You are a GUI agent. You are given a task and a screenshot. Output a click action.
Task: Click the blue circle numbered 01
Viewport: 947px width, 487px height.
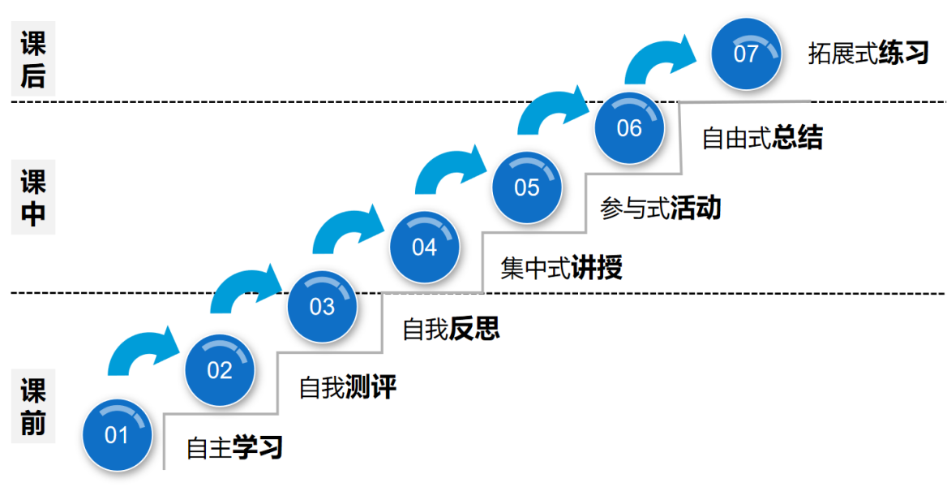tap(117, 435)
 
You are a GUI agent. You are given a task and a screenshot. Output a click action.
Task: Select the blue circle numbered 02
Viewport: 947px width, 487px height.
tap(220, 371)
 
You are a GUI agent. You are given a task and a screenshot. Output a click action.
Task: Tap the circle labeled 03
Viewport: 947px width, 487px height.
tap(322, 307)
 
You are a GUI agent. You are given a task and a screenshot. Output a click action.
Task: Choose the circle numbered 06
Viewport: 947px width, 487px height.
tap(629, 128)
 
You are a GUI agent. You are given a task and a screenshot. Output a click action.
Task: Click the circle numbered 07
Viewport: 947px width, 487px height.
tap(746, 54)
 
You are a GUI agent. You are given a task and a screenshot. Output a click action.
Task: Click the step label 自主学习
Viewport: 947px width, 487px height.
tap(234, 447)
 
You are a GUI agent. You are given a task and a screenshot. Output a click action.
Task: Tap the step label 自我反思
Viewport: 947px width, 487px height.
tap(451, 328)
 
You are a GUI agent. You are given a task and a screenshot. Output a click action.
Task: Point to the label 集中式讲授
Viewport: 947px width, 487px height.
tap(561, 268)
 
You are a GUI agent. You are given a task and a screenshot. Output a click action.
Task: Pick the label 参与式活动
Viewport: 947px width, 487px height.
tap(660, 209)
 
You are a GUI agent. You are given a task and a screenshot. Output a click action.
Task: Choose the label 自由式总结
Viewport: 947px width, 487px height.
tap(762, 138)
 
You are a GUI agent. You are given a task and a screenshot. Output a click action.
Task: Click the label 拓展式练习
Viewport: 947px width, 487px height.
tap(868, 54)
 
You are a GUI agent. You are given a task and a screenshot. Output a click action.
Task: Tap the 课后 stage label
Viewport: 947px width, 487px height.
tap(33, 59)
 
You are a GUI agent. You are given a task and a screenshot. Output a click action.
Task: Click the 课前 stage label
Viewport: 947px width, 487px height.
tap(33, 407)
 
